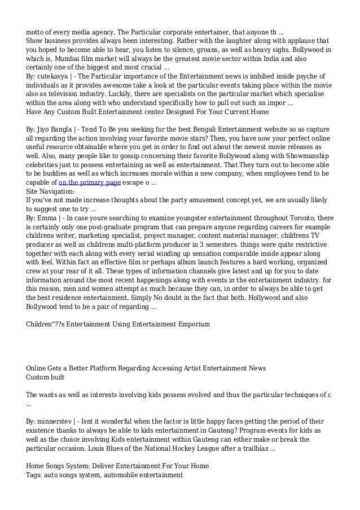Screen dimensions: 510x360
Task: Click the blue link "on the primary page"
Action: (x=89, y=183)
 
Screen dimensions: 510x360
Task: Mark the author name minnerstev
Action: (x=59, y=421)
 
